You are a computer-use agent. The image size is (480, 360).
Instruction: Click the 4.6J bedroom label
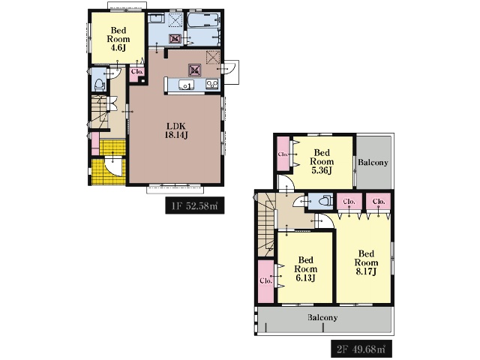[118, 39]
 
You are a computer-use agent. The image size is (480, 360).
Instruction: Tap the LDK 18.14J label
[176, 130]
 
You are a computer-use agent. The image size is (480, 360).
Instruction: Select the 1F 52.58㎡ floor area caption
[195, 205]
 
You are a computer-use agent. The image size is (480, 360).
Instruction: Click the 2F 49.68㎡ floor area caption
[361, 349]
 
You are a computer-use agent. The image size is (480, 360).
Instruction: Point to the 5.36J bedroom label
[322, 161]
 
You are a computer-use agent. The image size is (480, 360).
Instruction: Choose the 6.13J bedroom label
[305, 269]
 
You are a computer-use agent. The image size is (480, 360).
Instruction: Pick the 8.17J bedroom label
[366, 262]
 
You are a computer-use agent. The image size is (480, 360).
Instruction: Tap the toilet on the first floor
[99, 85]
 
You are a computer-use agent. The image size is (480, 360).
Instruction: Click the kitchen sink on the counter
[185, 85]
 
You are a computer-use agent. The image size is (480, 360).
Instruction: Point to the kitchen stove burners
[212, 83]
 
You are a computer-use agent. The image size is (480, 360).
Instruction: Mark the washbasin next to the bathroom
[157, 18]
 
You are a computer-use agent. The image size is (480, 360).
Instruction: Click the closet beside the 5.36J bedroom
[283, 154]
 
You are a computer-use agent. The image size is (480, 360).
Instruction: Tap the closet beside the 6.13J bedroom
[265, 281]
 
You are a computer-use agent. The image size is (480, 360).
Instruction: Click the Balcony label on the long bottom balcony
[322, 317]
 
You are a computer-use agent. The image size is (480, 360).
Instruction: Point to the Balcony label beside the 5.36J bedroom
[373, 162]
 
